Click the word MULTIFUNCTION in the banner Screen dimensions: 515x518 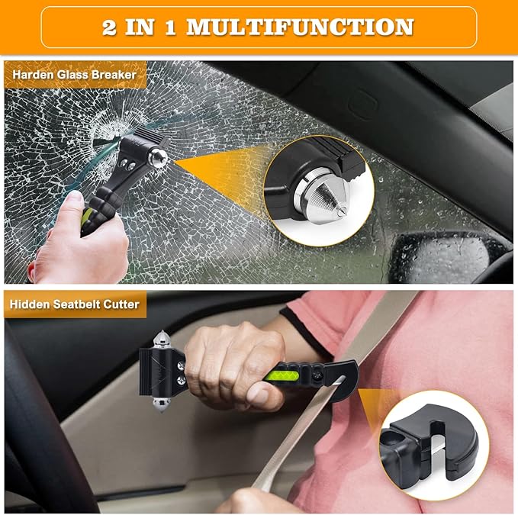[300, 27]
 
